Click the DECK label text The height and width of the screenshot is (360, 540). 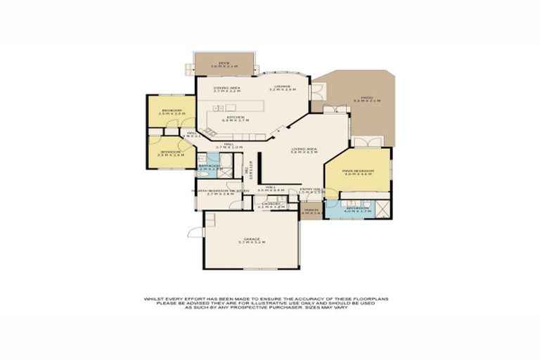click(x=224, y=63)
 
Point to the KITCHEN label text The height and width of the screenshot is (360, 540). click(x=235, y=117)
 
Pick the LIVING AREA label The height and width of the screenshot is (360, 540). click(x=305, y=149)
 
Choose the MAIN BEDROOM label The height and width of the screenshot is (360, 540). click(x=356, y=169)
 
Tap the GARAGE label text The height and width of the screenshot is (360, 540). click(x=252, y=239)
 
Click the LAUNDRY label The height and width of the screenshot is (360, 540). click(x=271, y=203)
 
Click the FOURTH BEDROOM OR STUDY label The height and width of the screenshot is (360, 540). click(x=221, y=191)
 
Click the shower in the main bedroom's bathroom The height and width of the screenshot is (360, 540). click(x=383, y=210)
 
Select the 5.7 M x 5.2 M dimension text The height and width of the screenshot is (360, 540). click(x=252, y=243)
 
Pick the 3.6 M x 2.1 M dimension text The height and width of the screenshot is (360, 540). click(x=224, y=67)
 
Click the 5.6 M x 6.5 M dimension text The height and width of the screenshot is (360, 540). click(x=305, y=153)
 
